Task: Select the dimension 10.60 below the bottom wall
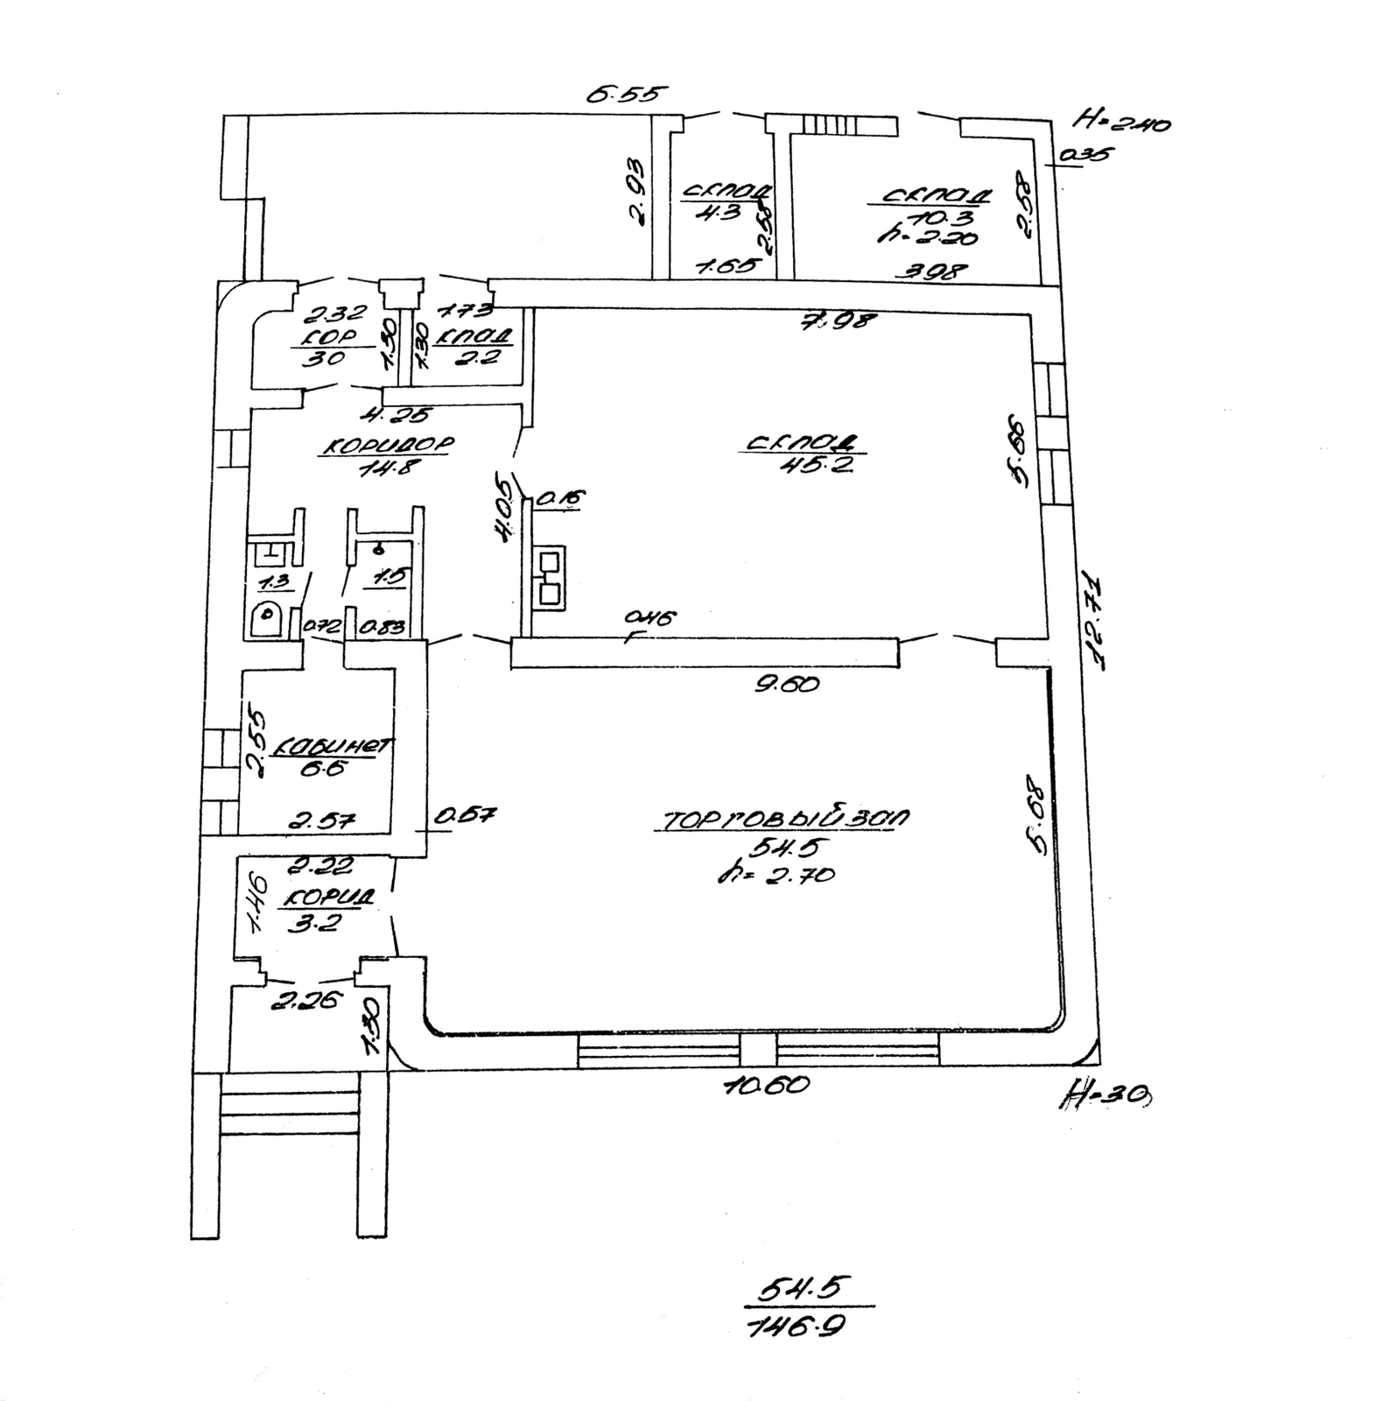point(766,1086)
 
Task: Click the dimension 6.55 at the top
point(627,94)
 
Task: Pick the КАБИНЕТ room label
point(333,746)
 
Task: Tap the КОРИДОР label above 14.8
point(388,446)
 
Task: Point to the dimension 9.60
point(787,683)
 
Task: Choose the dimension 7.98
point(837,320)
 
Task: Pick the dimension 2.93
point(636,192)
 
